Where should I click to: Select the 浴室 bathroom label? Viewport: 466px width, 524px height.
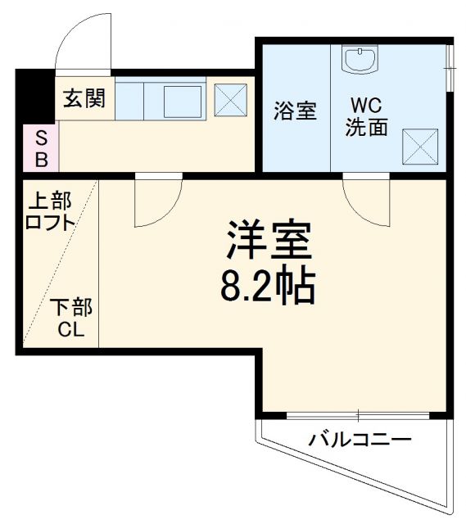(295, 110)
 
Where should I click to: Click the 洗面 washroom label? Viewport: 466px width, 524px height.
(366, 129)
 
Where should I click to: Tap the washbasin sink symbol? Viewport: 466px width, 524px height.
(360, 59)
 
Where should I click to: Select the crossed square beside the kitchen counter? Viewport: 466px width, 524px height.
(230, 99)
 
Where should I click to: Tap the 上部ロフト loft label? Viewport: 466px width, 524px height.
(50, 211)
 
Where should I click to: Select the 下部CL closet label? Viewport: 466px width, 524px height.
(70, 319)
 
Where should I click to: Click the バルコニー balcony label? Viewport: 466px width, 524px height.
(359, 440)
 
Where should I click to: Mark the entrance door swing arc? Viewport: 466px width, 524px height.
(82, 41)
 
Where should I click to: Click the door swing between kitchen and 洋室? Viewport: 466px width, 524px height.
(158, 201)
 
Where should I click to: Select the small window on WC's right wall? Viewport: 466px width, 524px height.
(450, 65)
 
